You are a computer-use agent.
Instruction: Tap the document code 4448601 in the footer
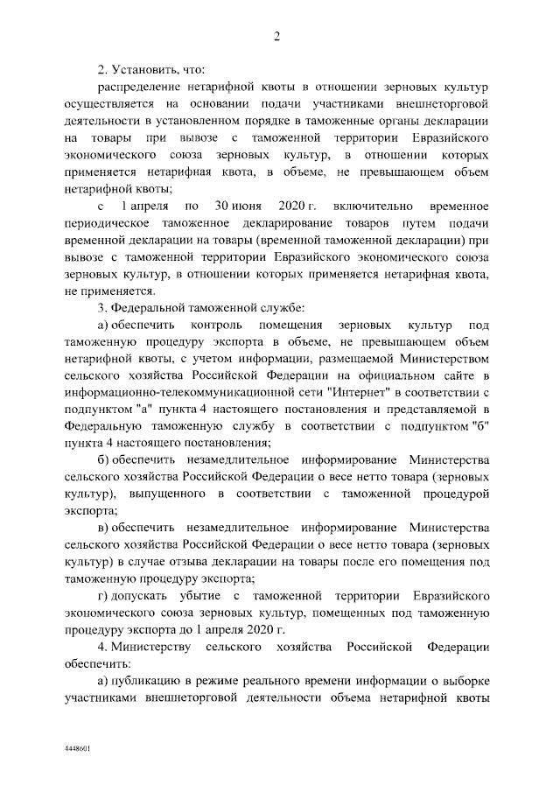pyautogui.click(x=78, y=750)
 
